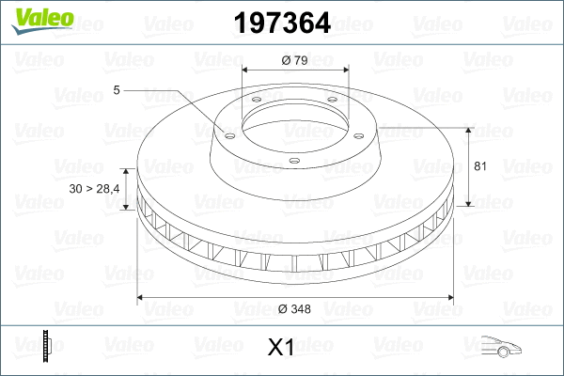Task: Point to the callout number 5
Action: click(117, 90)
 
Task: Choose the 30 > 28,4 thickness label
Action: click(95, 190)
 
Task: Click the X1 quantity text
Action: click(281, 348)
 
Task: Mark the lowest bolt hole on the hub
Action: click(293, 161)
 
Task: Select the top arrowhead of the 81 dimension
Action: click(469, 128)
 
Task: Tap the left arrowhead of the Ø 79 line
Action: click(246, 70)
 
